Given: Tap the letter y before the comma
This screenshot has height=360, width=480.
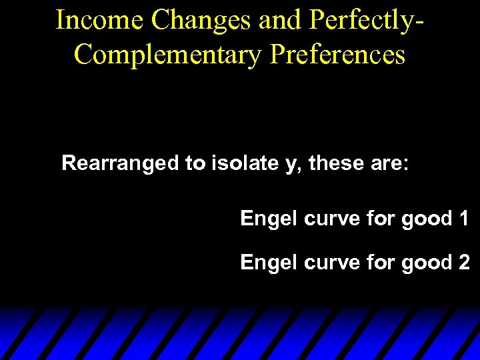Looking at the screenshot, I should point(291,165).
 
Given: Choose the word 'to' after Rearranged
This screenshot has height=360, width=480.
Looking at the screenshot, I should point(196,163).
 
